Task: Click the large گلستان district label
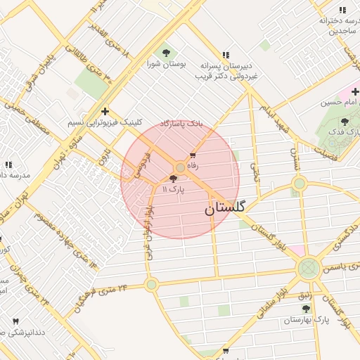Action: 225,208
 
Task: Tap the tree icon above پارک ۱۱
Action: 174,179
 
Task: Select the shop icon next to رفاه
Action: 193,155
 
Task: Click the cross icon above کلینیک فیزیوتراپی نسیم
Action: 105,111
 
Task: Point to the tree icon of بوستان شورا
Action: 166,53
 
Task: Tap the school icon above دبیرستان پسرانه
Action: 226,55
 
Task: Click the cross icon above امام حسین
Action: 355,91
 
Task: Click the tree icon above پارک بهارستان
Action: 306,309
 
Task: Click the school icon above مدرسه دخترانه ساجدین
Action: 342,11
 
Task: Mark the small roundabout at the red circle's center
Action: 180,167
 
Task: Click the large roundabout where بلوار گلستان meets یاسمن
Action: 308,268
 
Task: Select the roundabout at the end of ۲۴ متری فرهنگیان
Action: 151,285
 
